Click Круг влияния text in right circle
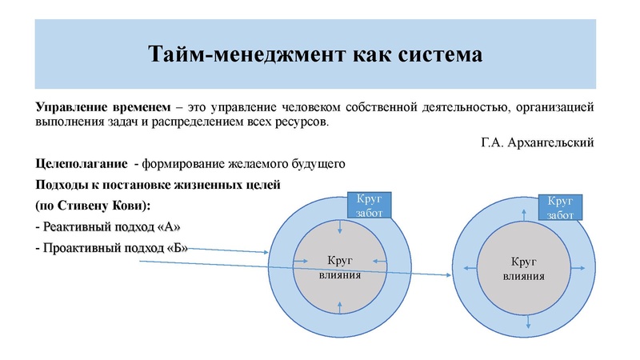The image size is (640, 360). [524, 269]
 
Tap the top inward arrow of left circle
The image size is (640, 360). [341, 228]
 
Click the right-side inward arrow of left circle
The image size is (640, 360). [381, 266]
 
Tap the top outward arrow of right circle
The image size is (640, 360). [523, 212]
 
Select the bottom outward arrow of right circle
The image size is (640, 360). [524, 322]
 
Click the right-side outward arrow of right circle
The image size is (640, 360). [580, 268]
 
